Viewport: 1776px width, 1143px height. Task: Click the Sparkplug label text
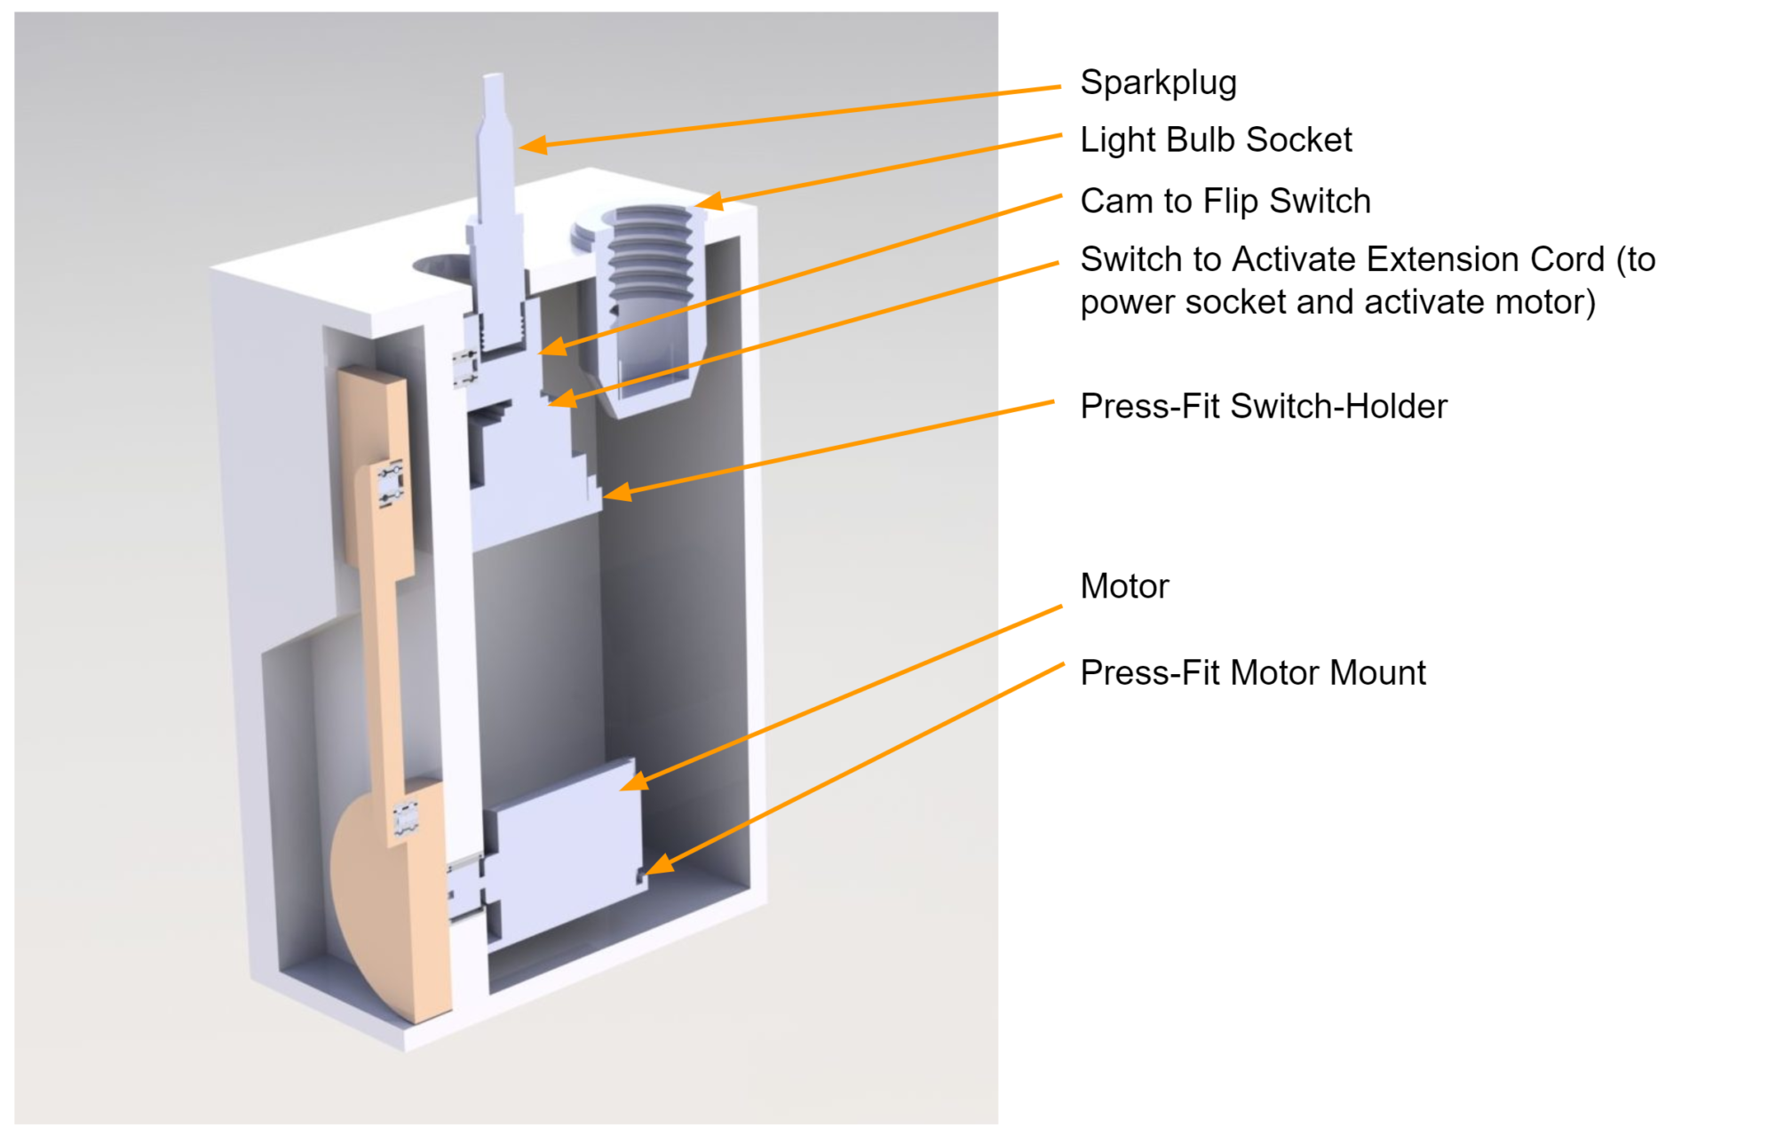[1157, 83]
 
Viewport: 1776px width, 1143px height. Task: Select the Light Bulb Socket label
[1215, 139]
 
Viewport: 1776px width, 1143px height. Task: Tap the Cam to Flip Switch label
[1225, 201]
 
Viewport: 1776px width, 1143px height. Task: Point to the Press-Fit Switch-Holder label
[1263, 406]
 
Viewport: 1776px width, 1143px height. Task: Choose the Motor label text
[1124, 586]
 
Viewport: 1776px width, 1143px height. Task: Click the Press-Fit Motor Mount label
[1252, 672]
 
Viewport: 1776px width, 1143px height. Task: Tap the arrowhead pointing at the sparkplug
[533, 145]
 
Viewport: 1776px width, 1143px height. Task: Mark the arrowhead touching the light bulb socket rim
[710, 202]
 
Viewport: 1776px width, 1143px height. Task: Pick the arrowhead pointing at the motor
[634, 782]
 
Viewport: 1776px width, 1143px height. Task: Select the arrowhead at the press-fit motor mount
[660, 864]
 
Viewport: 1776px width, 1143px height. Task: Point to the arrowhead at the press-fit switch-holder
[617, 492]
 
